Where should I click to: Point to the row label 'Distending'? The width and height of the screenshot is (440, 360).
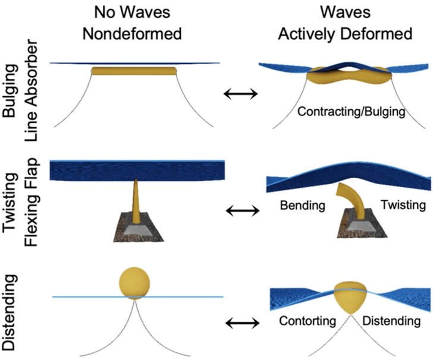coord(11,312)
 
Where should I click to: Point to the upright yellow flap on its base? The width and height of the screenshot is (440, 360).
coord(137,202)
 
